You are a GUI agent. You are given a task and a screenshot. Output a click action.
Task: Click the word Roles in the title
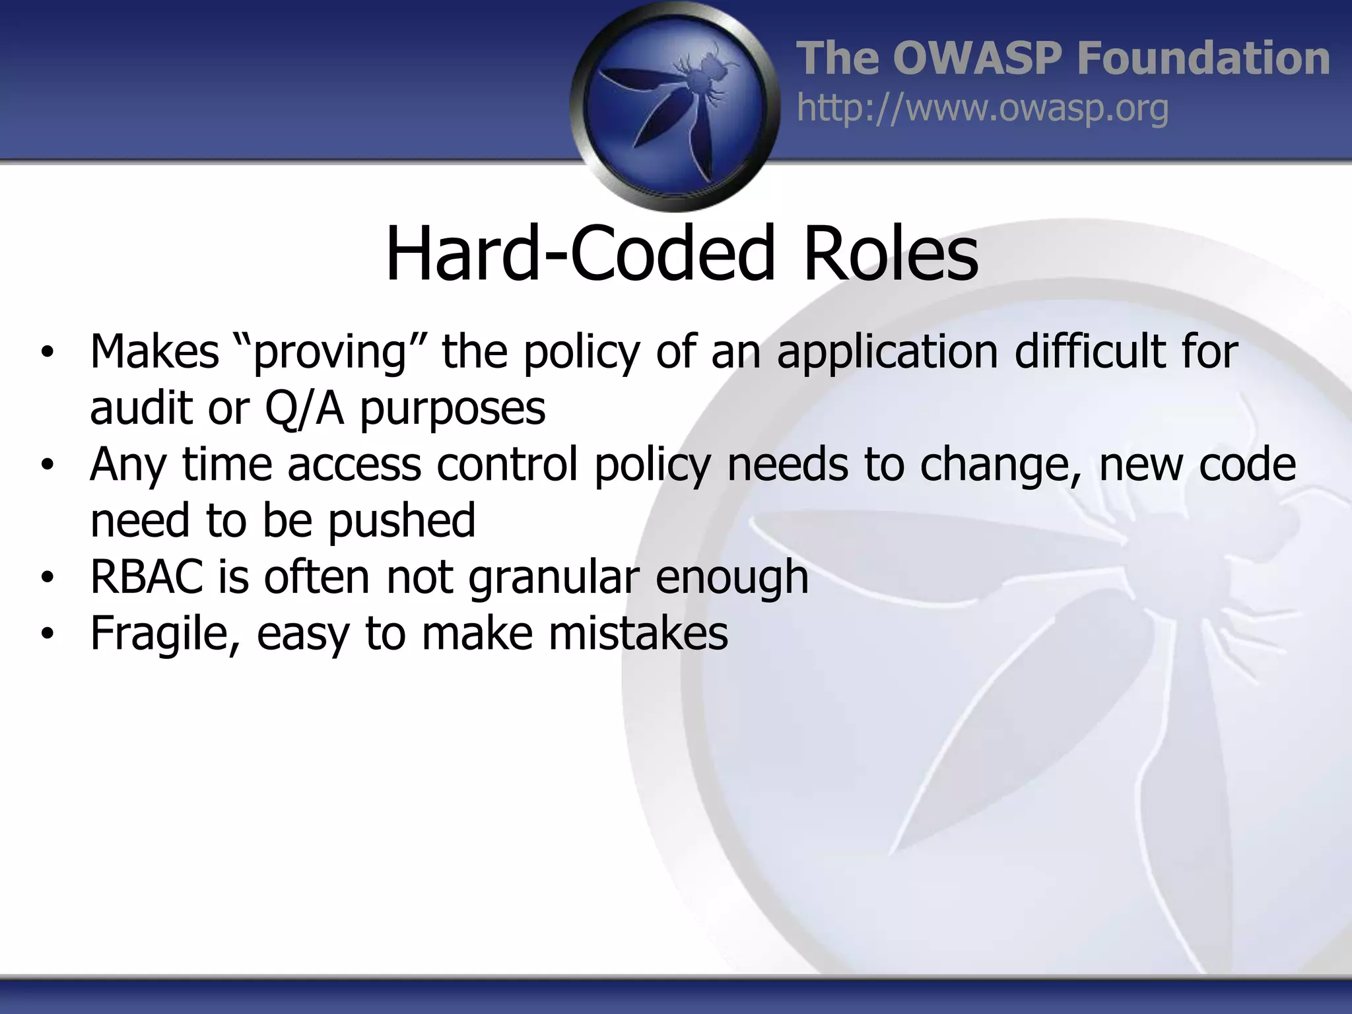pos(890,254)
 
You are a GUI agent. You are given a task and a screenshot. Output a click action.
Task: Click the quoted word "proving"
pos(330,352)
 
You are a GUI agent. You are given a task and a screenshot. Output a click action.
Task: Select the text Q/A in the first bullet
pos(304,408)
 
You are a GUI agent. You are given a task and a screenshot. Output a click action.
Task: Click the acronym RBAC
pos(147,577)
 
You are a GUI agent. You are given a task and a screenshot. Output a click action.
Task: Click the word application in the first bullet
pos(887,352)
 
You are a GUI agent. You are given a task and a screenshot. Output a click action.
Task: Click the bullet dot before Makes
pos(46,353)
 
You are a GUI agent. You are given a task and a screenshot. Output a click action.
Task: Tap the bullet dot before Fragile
pos(46,634)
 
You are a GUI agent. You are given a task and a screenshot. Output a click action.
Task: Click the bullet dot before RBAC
pos(46,578)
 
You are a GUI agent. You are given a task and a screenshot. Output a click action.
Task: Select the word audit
pos(141,408)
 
